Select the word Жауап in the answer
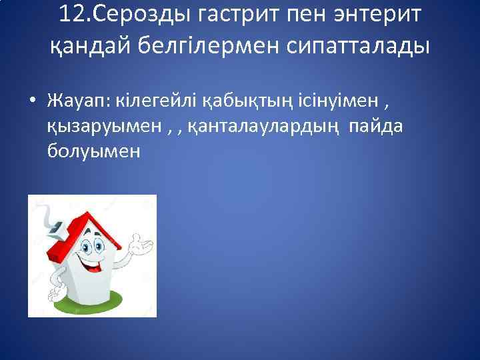coord(79,100)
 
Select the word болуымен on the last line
coord(94,151)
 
